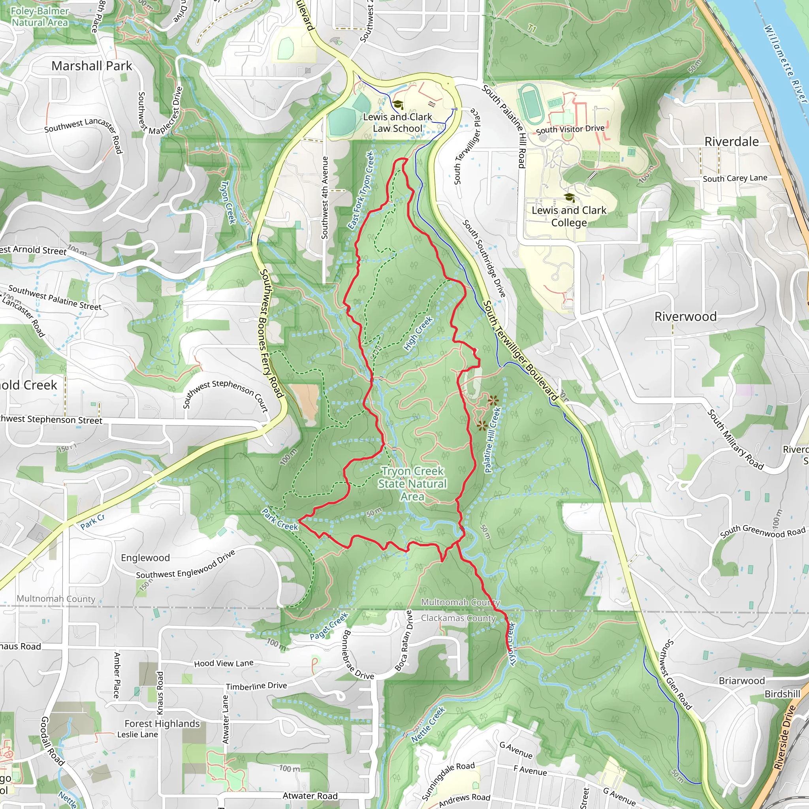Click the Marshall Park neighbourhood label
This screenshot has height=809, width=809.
[x=92, y=66]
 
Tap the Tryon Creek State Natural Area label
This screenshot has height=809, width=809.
[x=412, y=484]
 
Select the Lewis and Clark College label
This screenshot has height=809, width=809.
[x=569, y=216]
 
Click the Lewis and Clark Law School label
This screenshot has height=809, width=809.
[x=397, y=123]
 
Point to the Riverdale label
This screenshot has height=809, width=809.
[x=732, y=141]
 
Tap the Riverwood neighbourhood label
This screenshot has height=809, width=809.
[x=685, y=316]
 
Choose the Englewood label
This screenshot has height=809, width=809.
[x=145, y=558]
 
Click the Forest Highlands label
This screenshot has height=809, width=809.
[x=162, y=724]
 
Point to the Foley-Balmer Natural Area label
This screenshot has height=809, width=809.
[x=40, y=17]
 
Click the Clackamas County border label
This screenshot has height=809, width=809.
[x=458, y=618]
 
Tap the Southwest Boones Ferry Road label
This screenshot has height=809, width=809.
[x=271, y=333]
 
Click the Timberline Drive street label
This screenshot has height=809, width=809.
[x=256, y=686]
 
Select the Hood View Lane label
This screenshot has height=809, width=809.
[x=224, y=663]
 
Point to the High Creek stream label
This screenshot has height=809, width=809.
[x=418, y=333]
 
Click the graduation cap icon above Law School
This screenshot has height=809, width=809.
[x=397, y=104]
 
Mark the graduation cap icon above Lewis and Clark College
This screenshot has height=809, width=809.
[x=569, y=197]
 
